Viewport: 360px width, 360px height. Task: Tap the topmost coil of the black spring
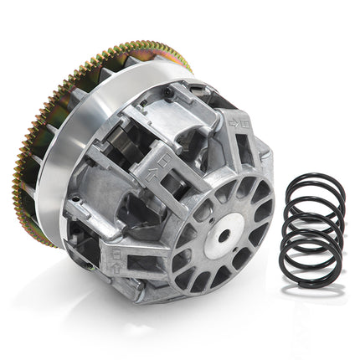(x=311, y=180)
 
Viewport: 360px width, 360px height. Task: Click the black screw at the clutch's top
(x=171, y=90)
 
